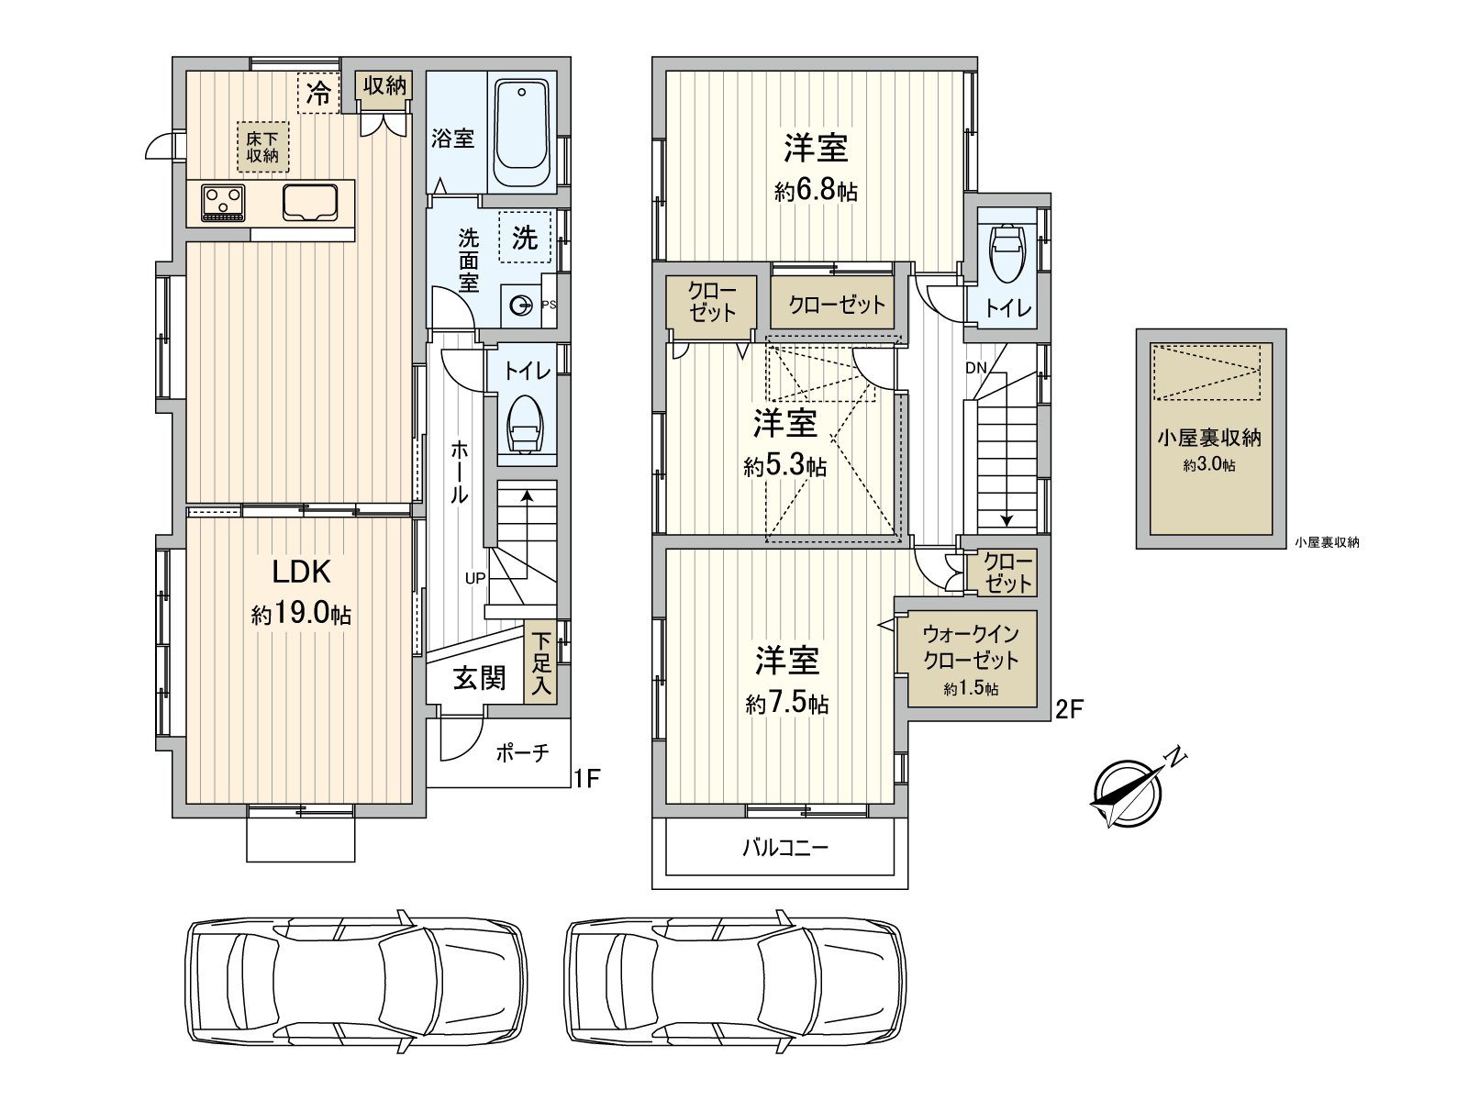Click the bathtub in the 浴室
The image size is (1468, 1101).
point(522,132)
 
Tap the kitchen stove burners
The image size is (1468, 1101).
point(223,203)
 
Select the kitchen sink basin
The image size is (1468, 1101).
point(309,202)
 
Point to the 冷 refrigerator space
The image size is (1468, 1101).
point(319,93)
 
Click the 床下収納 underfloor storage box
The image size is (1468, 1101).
point(262,147)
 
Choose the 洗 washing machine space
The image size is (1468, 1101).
point(525,237)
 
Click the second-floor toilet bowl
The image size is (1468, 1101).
point(1006,252)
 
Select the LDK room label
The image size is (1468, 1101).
point(301,572)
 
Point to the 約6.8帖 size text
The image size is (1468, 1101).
point(816,192)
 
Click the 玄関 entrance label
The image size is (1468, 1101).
point(480,678)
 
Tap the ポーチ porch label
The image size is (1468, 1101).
point(522,753)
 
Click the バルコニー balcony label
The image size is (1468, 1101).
point(785,849)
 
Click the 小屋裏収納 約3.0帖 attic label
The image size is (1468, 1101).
point(1210,450)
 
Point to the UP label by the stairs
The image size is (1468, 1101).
point(475,579)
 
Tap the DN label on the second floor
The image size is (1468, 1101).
point(976,368)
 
